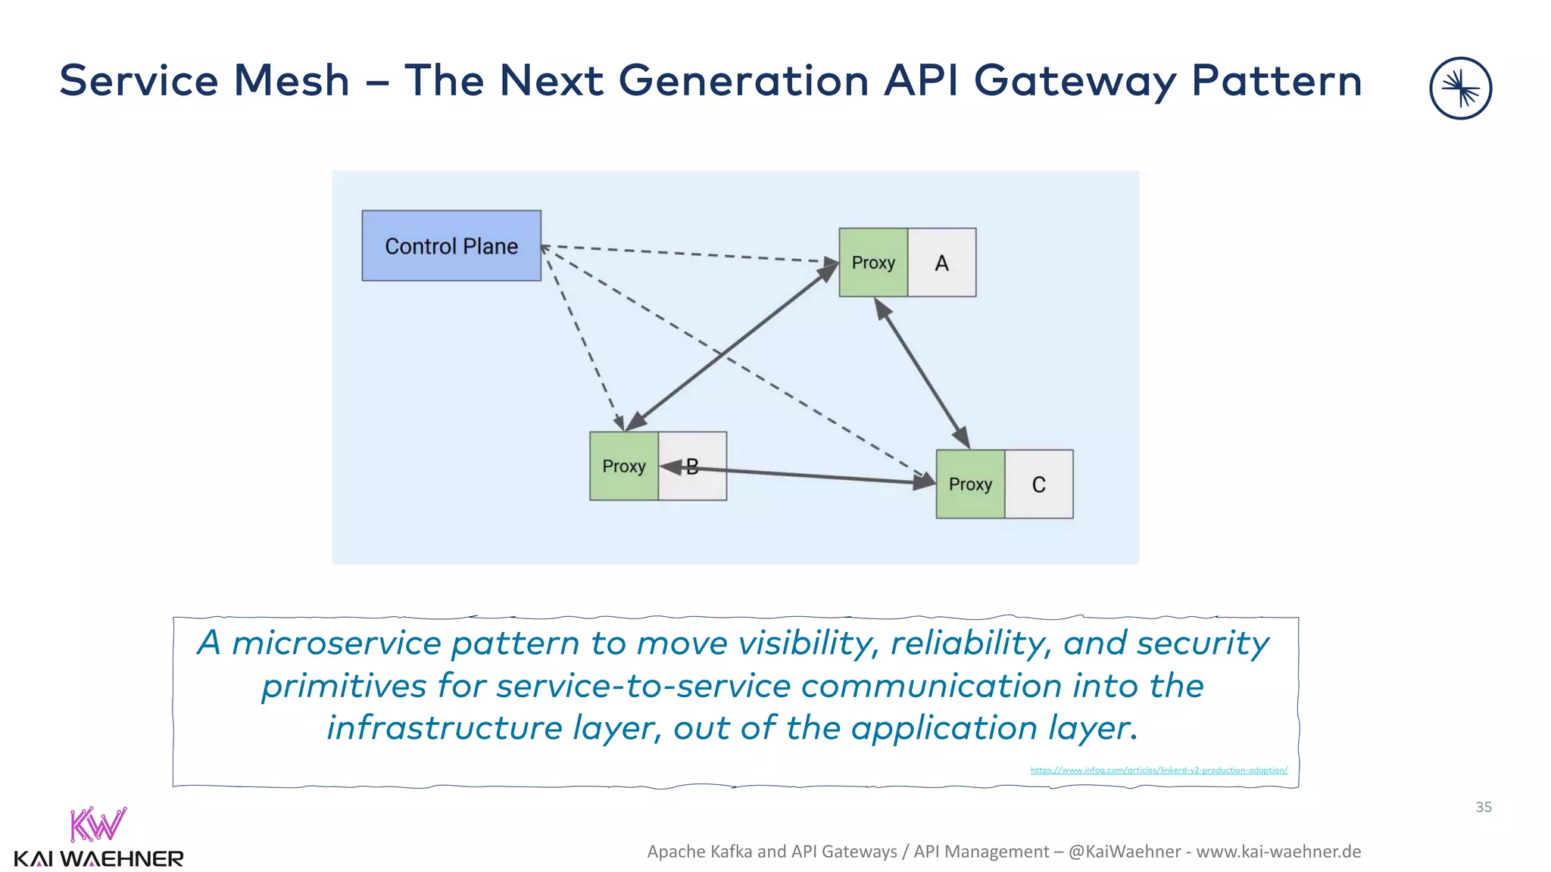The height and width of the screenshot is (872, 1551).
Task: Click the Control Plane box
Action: coord(451,246)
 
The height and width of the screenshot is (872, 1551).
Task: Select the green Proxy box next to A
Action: coord(873,263)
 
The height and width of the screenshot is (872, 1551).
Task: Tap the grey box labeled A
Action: coord(941,263)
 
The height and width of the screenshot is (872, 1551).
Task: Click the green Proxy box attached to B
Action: coord(623,466)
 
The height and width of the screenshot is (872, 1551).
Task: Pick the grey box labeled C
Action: coord(1039,484)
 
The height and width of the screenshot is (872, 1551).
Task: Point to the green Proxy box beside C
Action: coord(970,484)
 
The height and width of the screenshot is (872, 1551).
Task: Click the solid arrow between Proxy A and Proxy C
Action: coord(922,374)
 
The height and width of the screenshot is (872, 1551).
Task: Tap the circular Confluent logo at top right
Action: coord(1460,89)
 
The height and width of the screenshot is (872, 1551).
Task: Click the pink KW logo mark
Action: coord(98,824)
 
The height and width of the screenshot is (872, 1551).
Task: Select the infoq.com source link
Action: coord(1159,770)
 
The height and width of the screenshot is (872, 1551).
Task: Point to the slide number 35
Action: coord(1483,807)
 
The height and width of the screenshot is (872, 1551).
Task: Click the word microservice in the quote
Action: coord(336,643)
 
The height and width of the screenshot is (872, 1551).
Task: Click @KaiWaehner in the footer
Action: coord(1125,852)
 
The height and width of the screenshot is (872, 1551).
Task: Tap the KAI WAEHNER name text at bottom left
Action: coord(98,859)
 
